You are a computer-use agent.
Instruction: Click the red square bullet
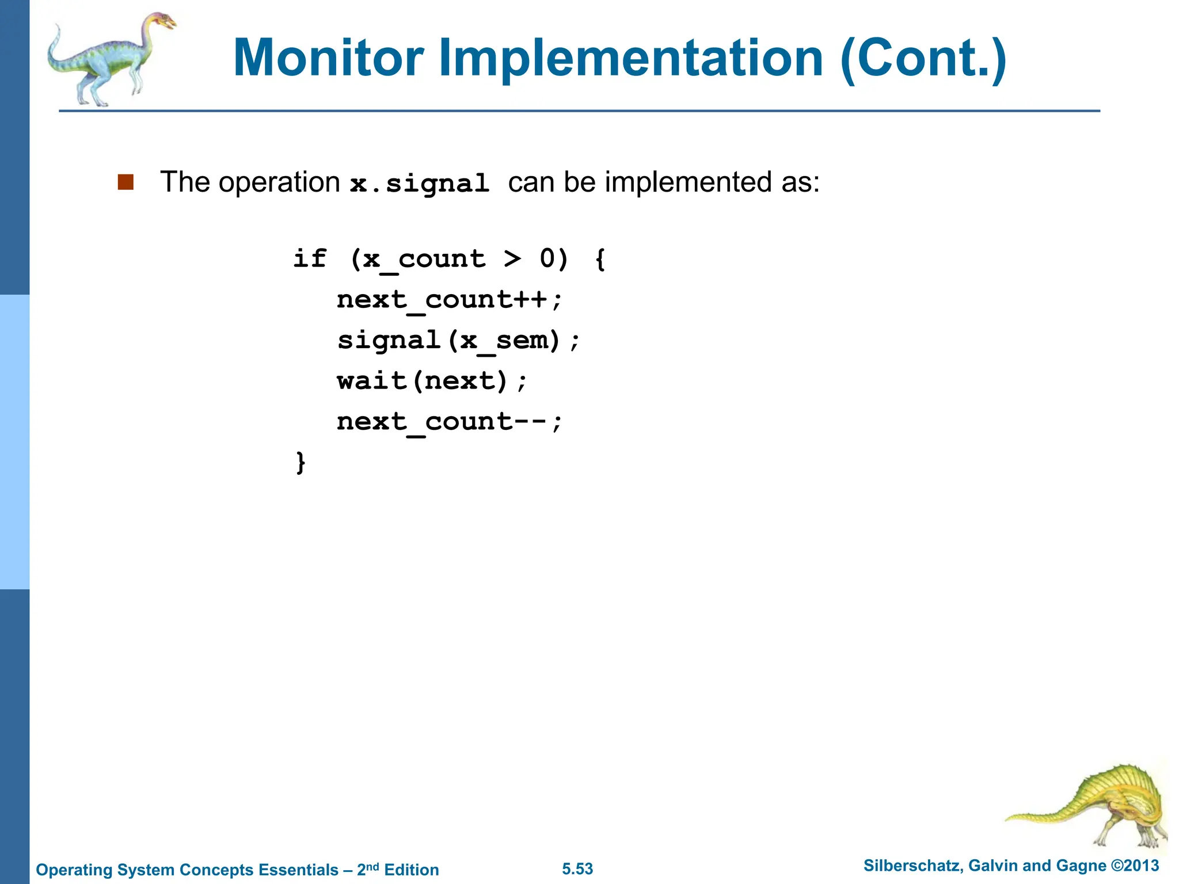point(125,182)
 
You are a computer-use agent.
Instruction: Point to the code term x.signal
point(420,184)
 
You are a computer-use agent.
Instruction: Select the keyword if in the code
point(310,258)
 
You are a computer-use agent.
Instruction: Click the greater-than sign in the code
point(512,258)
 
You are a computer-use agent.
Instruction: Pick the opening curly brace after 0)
point(600,258)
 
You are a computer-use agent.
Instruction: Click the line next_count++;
point(449,299)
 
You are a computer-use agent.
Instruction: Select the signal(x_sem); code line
point(458,340)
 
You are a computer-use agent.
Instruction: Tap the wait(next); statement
point(432,380)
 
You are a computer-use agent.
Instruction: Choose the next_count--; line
point(449,421)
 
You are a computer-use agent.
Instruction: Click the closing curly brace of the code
point(301,462)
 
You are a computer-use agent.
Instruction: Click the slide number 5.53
point(577,869)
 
